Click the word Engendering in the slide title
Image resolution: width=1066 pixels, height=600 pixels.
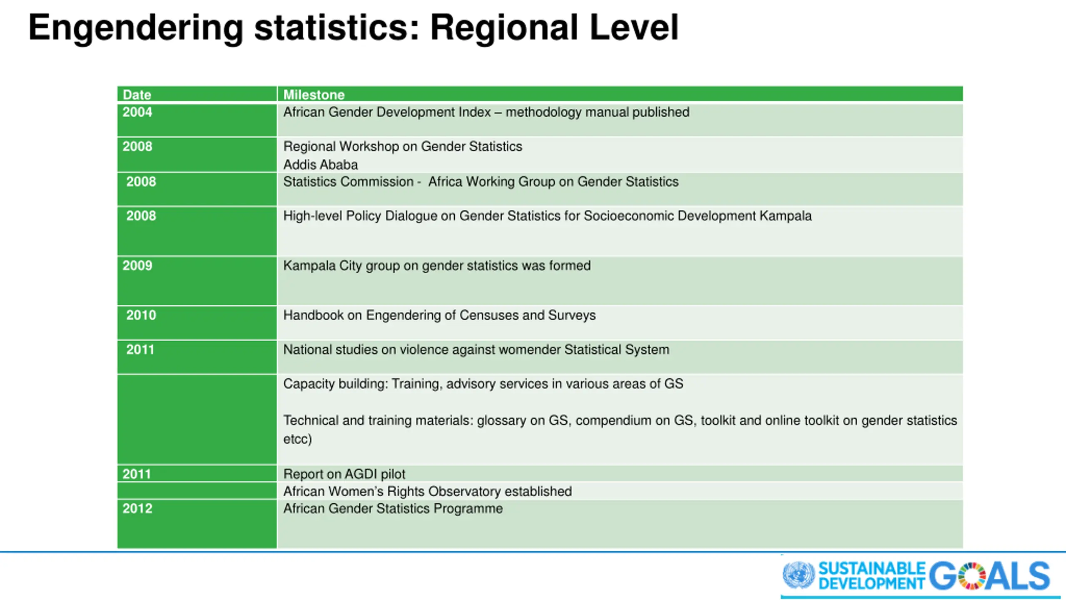[135, 28]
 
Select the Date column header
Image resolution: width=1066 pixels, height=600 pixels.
[137, 95]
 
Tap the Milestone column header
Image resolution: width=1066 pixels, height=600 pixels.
[314, 95]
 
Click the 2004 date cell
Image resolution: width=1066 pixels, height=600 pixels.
[137, 112]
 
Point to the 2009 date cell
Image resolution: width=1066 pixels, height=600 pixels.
[137, 265]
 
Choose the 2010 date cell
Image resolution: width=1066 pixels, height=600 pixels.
[141, 315]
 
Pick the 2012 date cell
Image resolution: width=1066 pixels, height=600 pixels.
[137, 508]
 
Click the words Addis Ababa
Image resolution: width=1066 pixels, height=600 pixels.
[320, 165]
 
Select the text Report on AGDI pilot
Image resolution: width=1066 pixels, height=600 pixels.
[344, 474]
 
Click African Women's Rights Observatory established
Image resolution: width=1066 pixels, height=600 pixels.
[427, 491]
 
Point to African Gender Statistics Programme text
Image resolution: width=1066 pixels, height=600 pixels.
[393, 508]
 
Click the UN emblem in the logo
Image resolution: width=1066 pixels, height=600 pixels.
[798, 575]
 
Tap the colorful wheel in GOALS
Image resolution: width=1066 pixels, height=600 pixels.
[971, 576]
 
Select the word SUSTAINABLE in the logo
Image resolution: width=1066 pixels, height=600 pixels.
[872, 568]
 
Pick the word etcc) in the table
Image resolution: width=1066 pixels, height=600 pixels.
[297, 439]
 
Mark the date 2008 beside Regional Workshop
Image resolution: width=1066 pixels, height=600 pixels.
[137, 147]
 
